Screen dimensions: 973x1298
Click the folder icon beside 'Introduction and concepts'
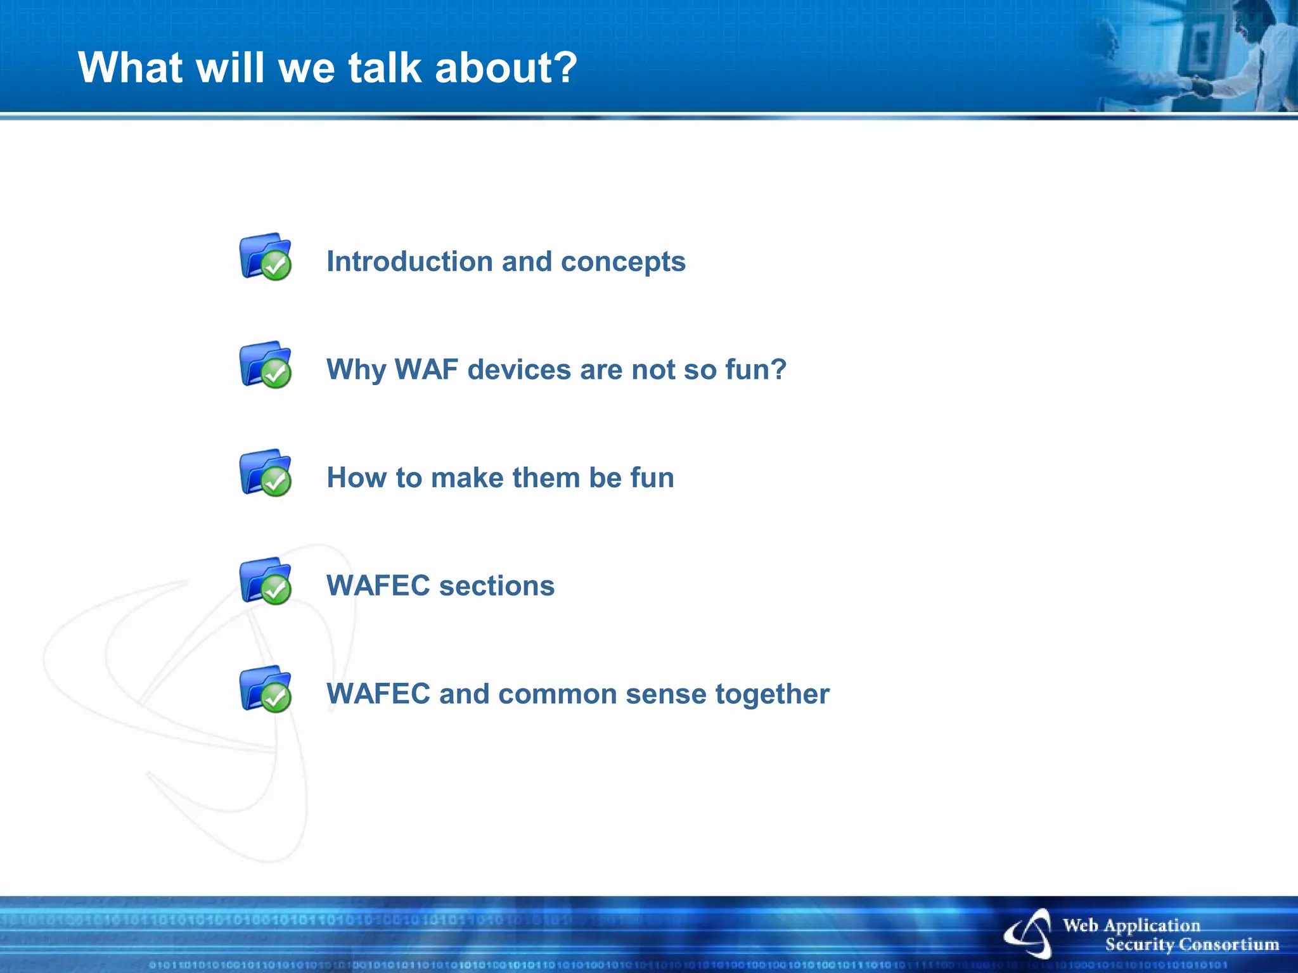point(265,257)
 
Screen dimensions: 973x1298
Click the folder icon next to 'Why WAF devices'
point(265,364)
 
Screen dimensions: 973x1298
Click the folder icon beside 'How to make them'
point(265,473)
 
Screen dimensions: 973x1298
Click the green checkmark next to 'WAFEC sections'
point(276,590)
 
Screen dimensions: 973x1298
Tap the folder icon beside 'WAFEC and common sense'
point(265,689)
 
